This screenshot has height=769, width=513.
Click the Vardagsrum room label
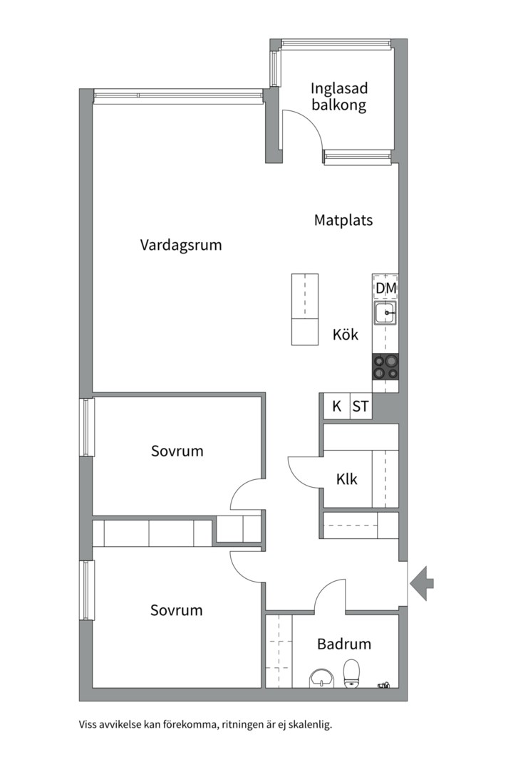point(181,245)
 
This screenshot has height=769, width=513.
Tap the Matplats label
point(343,220)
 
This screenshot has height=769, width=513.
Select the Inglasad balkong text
point(338,97)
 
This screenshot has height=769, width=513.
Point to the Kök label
point(345,335)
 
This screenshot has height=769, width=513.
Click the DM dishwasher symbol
point(385,288)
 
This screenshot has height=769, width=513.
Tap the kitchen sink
point(385,313)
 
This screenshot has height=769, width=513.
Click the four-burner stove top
point(385,367)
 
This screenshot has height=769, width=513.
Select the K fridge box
point(337,406)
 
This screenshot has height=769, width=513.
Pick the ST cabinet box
point(361,406)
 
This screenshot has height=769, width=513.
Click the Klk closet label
point(346,478)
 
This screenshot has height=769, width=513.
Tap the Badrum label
point(344,644)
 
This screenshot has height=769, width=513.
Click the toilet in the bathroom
point(351,674)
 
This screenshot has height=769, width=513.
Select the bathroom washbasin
point(321,679)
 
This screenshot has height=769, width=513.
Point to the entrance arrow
point(423,582)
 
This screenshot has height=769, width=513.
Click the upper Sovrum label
point(177,451)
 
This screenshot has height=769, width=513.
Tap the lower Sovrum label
point(176,610)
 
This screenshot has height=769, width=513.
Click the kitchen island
point(305,309)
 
